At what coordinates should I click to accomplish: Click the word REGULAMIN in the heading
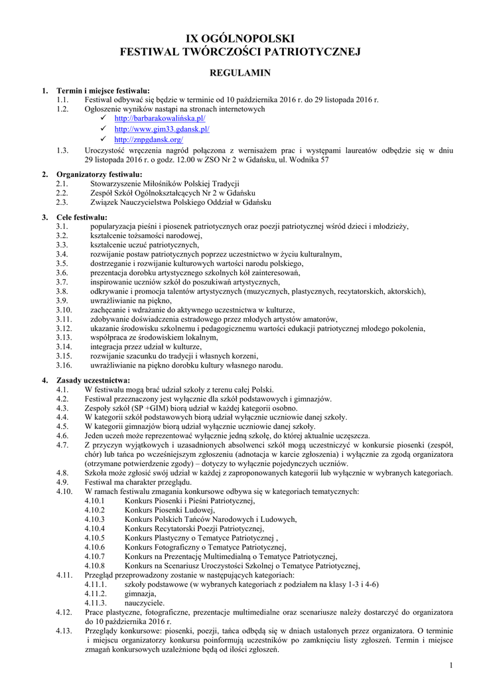click(240, 72)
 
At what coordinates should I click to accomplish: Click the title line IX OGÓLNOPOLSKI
click(240, 38)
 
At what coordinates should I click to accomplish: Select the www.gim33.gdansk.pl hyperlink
click(161, 129)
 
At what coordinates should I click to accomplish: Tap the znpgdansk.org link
click(149, 140)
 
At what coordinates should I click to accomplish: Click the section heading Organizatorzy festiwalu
click(100, 174)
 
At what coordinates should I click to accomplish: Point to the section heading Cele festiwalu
click(82, 217)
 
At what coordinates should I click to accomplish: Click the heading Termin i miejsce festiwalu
click(103, 91)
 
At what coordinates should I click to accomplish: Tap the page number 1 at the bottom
click(450, 665)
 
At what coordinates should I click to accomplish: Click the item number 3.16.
click(64, 365)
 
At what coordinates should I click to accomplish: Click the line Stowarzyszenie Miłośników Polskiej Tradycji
click(165, 183)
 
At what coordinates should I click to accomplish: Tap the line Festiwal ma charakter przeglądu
click(141, 482)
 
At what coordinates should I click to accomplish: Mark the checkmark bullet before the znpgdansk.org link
click(103, 140)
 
